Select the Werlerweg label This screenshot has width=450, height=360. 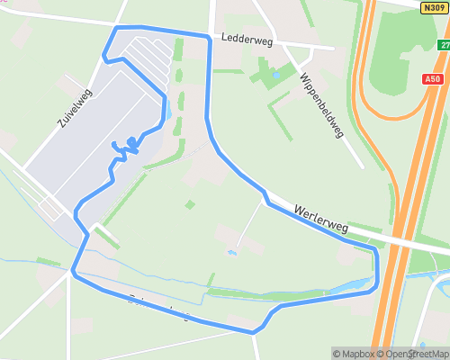coord(320,220)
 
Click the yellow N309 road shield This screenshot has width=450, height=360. coord(432,6)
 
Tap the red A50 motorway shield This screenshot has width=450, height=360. coord(432,79)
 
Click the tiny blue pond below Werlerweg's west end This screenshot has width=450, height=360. coord(232,253)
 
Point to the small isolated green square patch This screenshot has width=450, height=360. coord(190,204)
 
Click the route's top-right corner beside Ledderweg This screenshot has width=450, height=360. coord(209,36)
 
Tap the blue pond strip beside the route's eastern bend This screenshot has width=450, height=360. coord(351,287)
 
